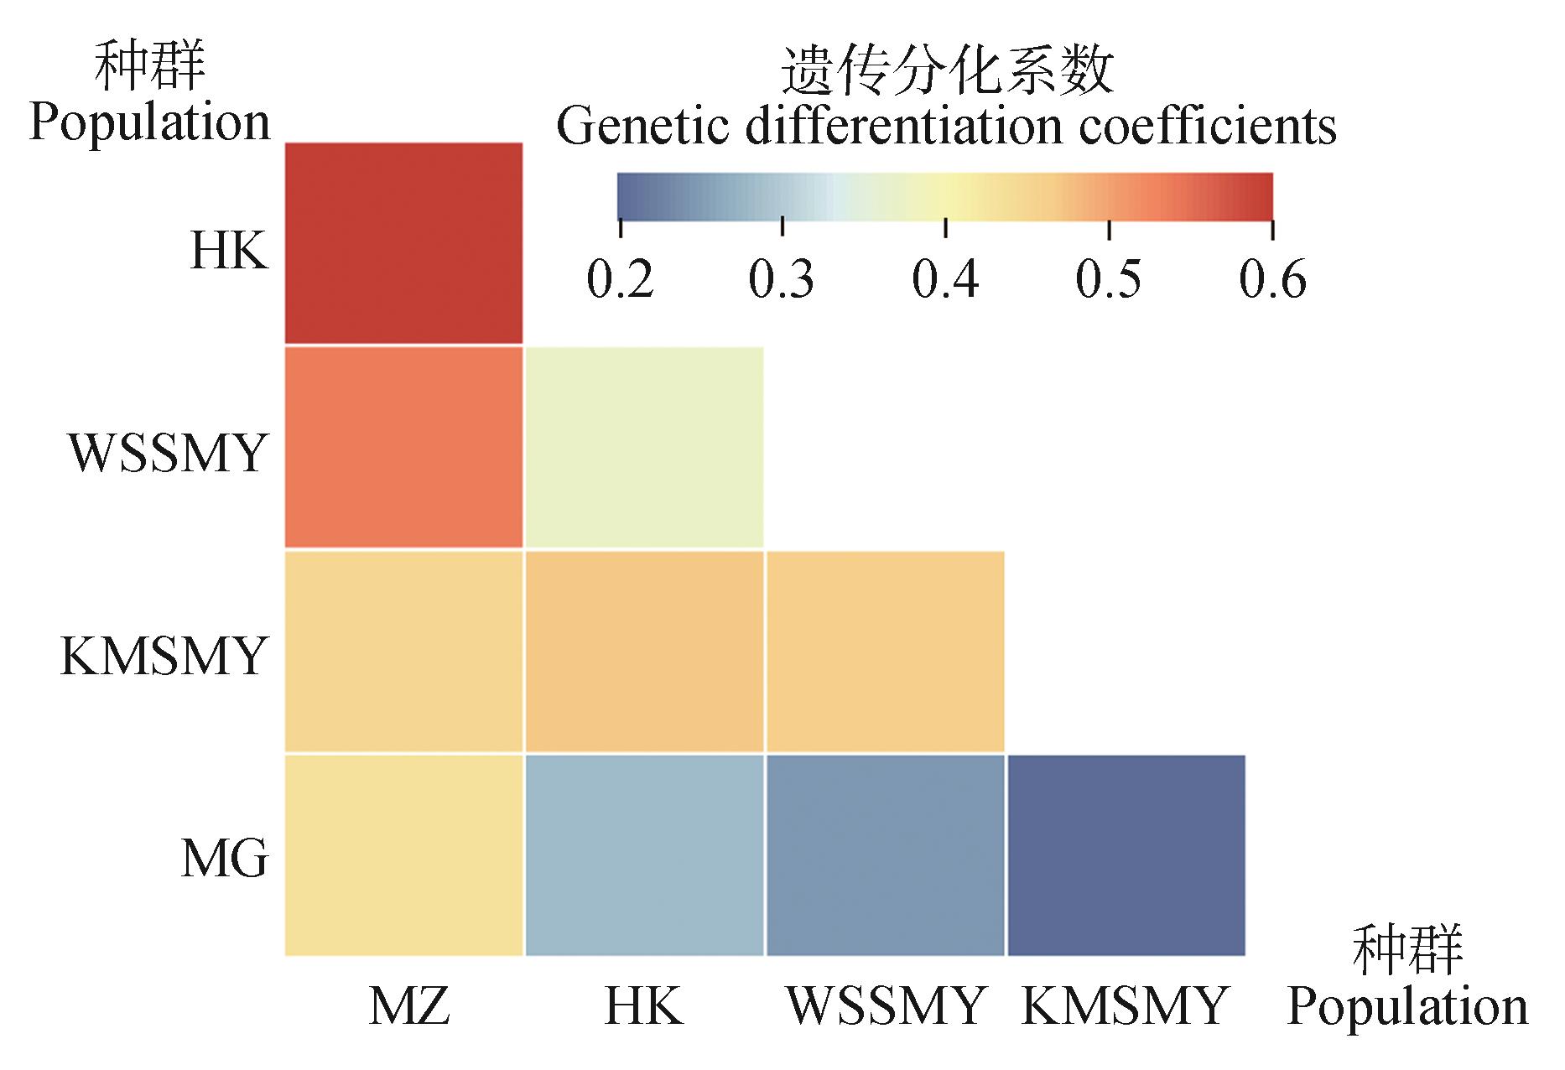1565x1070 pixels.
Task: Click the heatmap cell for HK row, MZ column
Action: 403,243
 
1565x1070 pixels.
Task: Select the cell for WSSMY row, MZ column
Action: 403,447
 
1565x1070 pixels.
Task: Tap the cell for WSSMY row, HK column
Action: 644,447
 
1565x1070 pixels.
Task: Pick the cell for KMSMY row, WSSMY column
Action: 885,652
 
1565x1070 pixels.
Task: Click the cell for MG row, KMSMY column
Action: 1126,855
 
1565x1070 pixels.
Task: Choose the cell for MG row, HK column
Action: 644,855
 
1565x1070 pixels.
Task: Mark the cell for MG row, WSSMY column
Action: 885,855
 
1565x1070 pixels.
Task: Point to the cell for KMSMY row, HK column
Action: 644,652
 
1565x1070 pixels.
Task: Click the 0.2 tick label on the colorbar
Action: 620,279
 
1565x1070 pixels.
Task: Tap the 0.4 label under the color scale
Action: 945,279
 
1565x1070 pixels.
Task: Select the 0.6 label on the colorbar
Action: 1272,279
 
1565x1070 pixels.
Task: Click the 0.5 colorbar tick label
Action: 1108,279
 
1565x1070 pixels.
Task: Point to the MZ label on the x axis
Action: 409,1005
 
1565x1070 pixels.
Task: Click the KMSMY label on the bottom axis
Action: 1125,1005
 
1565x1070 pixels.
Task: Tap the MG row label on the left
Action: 225,860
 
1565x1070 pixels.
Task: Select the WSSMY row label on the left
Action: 168,454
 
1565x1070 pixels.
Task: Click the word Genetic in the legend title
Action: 642,127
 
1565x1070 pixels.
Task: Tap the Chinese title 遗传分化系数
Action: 947,71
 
